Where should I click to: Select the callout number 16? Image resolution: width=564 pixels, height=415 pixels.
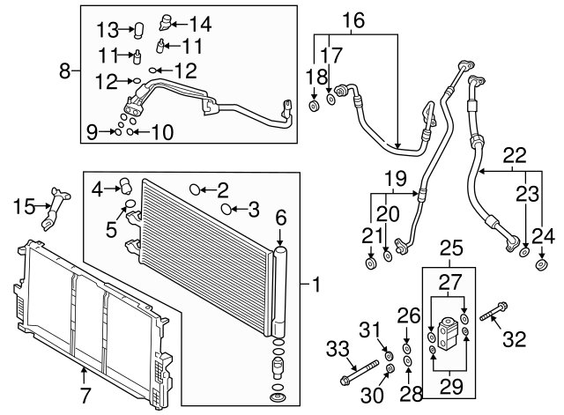click(352, 19)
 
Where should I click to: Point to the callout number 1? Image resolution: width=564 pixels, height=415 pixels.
click(315, 285)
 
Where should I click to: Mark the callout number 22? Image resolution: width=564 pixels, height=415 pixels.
click(514, 155)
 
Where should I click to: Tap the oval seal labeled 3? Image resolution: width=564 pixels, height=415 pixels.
click(226, 209)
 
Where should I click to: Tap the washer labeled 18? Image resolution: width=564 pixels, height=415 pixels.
click(313, 107)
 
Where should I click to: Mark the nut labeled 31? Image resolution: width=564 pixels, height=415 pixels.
click(388, 353)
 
